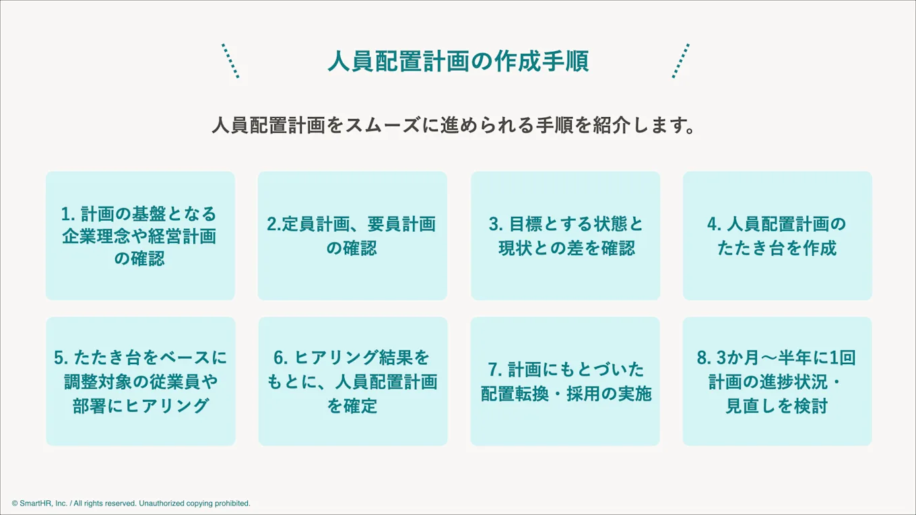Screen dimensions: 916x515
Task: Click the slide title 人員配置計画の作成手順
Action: (458, 61)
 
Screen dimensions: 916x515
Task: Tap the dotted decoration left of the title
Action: (230, 61)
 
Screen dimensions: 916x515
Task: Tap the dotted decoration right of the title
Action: (681, 61)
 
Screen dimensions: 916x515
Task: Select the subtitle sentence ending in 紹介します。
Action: (453, 126)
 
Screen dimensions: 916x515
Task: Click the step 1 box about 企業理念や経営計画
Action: (140, 236)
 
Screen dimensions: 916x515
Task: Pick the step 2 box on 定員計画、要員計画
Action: (352, 236)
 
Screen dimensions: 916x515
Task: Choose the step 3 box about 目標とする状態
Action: (566, 236)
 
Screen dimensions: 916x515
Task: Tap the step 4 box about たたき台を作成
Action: (777, 236)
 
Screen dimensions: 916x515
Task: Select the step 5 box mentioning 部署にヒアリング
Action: (140, 381)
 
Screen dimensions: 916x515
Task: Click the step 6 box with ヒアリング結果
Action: (352, 381)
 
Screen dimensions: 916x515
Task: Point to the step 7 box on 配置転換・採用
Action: (566, 381)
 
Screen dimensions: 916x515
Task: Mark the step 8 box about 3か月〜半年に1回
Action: (777, 381)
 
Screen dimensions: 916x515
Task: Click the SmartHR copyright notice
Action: (131, 503)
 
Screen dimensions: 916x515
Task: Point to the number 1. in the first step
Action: (67, 214)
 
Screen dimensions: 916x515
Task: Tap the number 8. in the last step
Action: (703, 357)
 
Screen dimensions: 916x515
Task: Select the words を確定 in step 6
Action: (352, 406)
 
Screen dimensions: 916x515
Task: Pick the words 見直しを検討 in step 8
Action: (777, 406)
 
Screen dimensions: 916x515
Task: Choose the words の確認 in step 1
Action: (140, 259)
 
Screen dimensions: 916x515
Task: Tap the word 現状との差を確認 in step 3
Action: (566, 248)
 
